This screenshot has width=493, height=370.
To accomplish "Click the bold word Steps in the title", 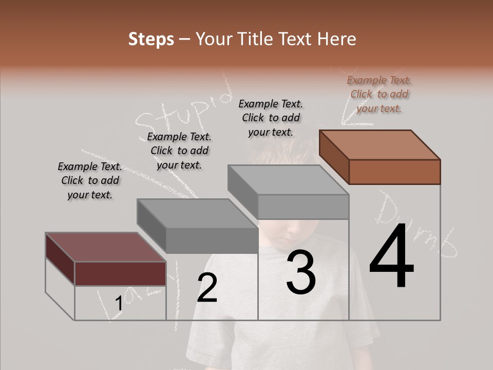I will coord(151,39).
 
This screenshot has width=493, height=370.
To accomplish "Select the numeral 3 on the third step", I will coord(301,272).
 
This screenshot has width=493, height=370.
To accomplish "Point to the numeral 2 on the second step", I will coord(207,288).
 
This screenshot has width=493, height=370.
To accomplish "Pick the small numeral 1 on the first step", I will coord(119,304).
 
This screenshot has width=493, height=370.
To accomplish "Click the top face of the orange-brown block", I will coord(380,144).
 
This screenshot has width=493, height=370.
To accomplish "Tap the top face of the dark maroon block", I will coord(105,247).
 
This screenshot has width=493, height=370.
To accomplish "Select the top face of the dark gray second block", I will coord(197,213).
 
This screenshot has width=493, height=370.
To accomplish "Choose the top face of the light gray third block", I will coord(288,180).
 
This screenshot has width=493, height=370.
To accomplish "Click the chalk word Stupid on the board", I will coord(180,110).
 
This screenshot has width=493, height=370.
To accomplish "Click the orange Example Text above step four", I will coord(379,94).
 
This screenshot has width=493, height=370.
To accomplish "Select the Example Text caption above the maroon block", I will coord(90,181).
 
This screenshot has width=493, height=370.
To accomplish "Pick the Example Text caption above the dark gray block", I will coord(179,151).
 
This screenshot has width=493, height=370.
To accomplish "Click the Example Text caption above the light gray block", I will coord(271,118).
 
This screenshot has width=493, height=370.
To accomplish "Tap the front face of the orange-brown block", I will coord(394,172).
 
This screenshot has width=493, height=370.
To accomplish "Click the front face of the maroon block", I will coord(120,273).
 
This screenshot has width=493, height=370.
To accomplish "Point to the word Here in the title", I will coord(337,39).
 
